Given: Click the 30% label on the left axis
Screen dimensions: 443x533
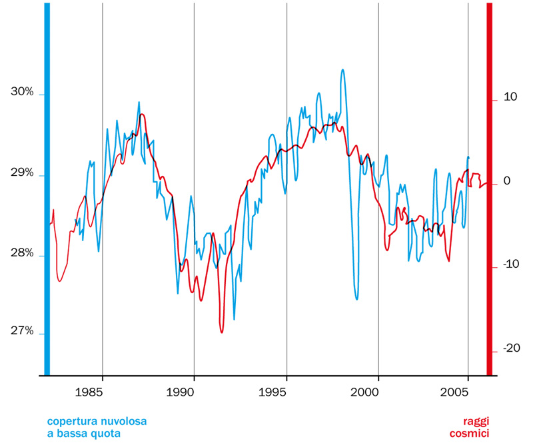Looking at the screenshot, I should [22, 92].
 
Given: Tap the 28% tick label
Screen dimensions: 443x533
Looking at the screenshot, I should [22, 253].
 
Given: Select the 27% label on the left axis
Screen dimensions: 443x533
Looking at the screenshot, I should [22, 331].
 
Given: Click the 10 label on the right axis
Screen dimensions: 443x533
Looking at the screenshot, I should [510, 97].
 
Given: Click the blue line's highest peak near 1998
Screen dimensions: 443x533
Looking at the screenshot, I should [342, 69].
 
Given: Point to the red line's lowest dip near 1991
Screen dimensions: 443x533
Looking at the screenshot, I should [222, 332].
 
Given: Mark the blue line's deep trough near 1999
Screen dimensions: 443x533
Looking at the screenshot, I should [357, 299].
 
